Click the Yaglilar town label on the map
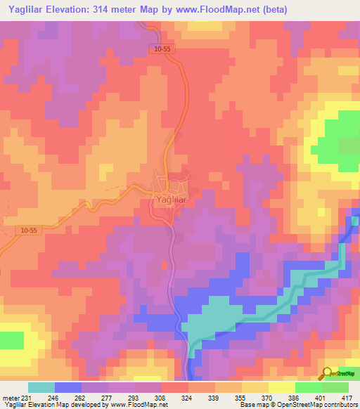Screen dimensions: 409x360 pyautogui.click(x=167, y=200)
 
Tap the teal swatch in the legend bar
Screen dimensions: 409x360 pyautogui.click(x=41, y=387)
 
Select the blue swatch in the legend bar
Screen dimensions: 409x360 pyautogui.click(x=68, y=387)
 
